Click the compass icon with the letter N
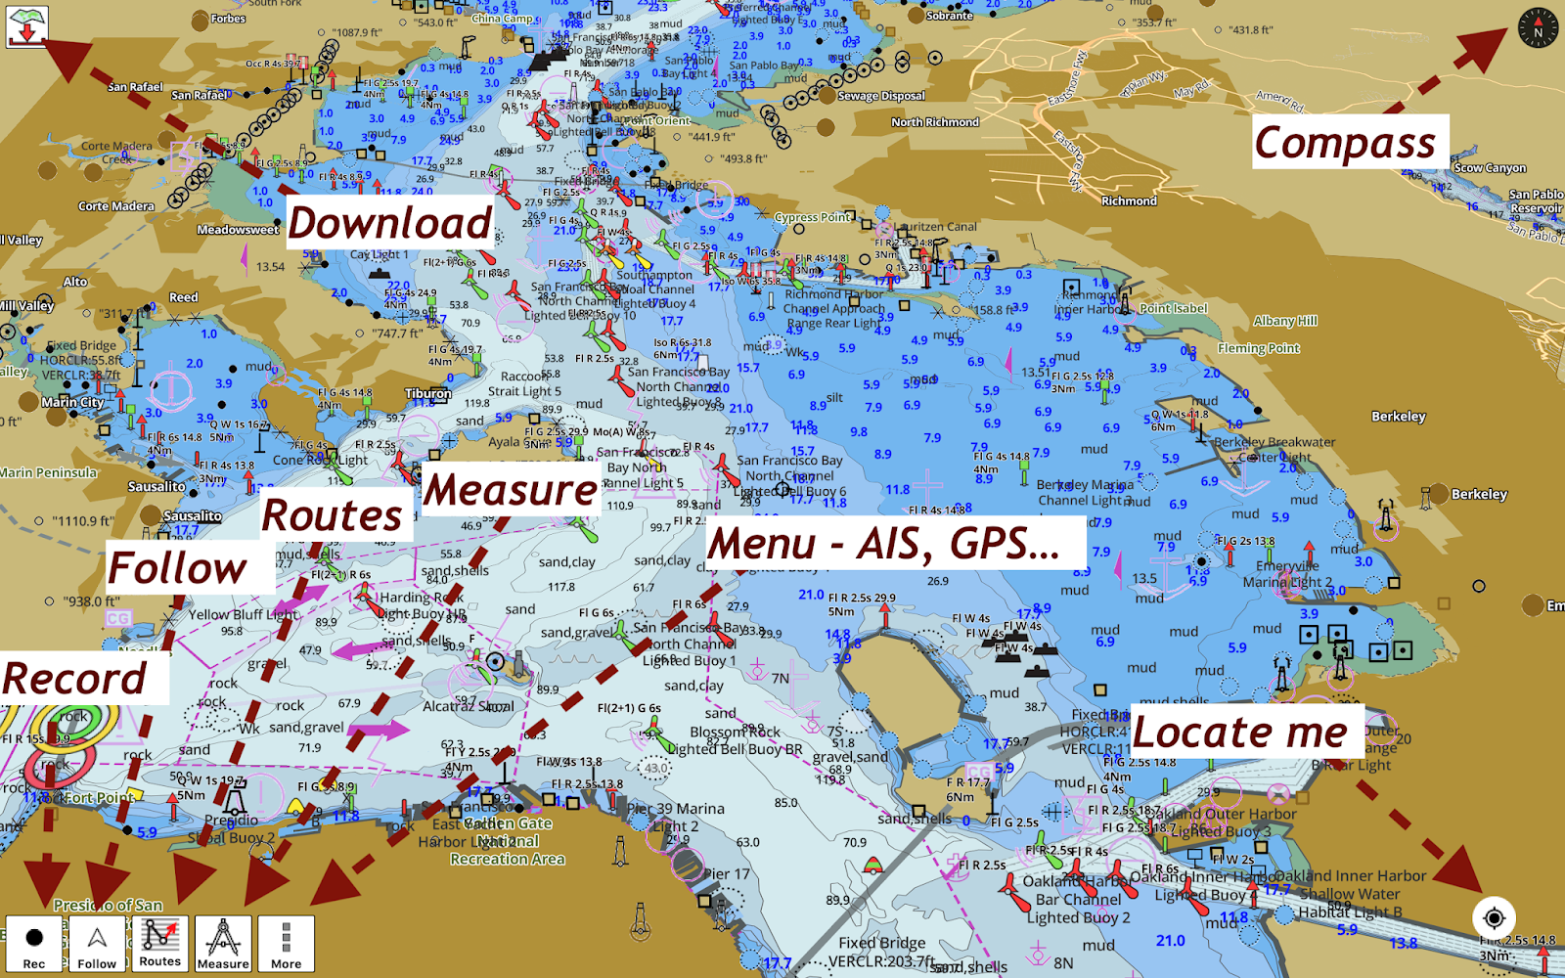[x=1537, y=27]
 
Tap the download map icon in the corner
[x=27, y=27]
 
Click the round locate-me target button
[x=1494, y=917]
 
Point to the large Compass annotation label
[x=1345, y=143]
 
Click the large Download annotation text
[x=389, y=223]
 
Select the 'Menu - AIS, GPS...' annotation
[x=883, y=544]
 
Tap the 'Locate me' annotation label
[x=1239, y=732]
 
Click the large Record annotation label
[x=74, y=679]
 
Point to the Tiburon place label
[x=428, y=393]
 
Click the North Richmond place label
[x=934, y=122]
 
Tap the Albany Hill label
[x=1285, y=321]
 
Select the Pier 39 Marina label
[x=676, y=809]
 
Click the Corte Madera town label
[x=116, y=206]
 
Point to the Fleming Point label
[x=1258, y=348]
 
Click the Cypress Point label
[x=812, y=217]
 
